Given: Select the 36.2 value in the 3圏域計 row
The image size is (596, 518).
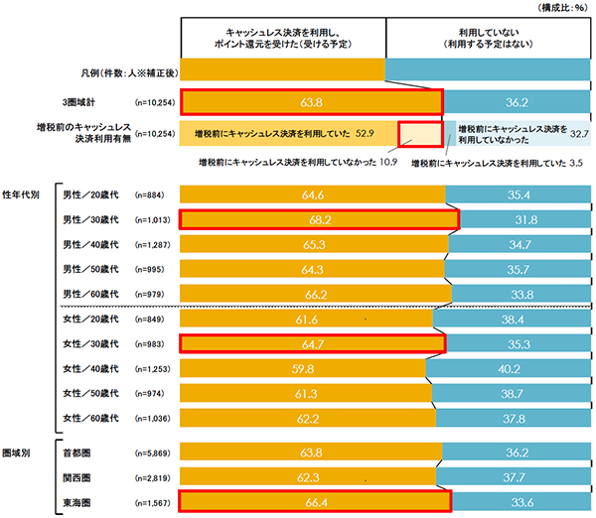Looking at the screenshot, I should coord(516,101).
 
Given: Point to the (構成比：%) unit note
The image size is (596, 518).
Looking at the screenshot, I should coord(562,7).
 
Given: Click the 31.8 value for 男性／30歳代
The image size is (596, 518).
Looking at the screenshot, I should coord(522,218).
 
